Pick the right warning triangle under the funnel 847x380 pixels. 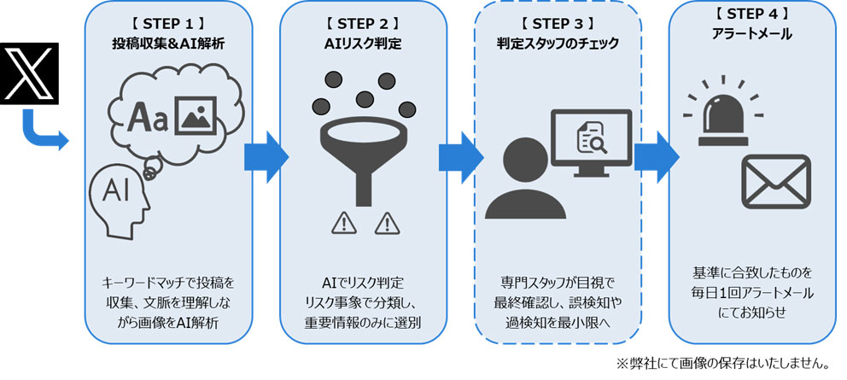pos(387,224)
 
